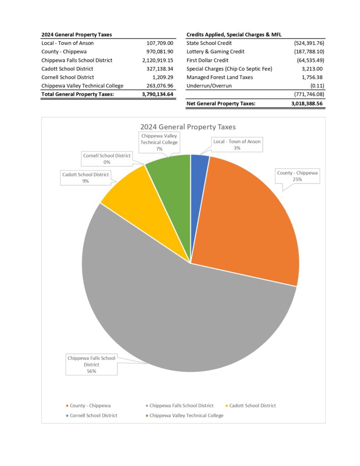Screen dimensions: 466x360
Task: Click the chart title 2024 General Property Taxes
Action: (x=188, y=127)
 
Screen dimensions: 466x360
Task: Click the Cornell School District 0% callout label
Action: (x=106, y=159)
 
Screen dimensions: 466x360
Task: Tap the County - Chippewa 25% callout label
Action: (x=298, y=176)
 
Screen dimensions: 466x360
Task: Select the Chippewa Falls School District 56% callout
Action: (x=91, y=364)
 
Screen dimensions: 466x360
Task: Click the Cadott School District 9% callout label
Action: (x=86, y=177)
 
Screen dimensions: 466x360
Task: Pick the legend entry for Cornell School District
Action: (x=93, y=415)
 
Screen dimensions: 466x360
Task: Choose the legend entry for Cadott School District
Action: (x=252, y=405)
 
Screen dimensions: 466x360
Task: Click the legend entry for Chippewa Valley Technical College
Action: (x=186, y=415)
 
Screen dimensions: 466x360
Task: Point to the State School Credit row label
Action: (x=209, y=43)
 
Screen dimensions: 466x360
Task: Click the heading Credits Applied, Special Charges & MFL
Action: (x=234, y=35)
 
